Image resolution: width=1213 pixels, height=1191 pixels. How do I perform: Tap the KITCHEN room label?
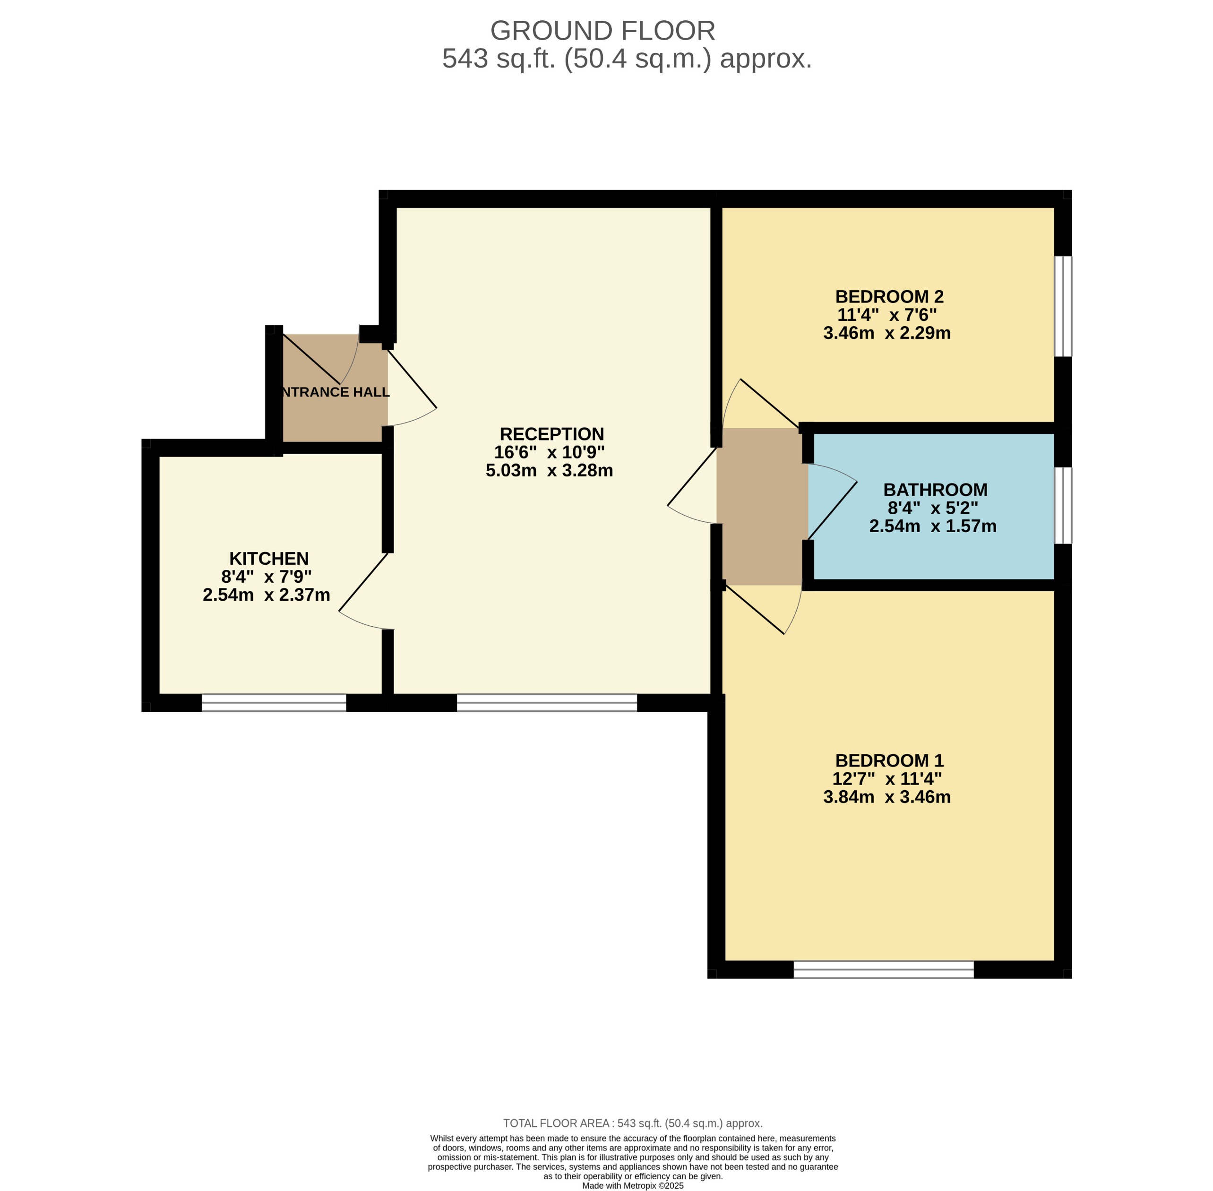pos(269,559)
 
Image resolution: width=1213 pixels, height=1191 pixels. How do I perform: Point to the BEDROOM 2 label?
pos(889,296)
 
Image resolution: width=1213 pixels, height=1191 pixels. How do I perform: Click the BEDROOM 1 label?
pos(889,760)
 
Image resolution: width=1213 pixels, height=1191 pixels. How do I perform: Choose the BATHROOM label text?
pos(935,490)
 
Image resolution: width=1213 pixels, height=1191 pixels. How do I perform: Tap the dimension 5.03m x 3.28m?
pos(549,470)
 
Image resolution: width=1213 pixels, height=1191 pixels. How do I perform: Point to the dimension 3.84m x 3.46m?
pos(886,797)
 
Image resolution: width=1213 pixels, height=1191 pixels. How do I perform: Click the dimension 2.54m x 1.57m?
pos(932,526)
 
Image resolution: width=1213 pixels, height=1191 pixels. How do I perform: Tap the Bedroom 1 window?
pos(884,969)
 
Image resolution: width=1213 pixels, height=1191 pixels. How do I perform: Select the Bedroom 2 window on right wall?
pos(1063,307)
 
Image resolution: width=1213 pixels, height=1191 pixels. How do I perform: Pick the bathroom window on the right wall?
pos(1063,505)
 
